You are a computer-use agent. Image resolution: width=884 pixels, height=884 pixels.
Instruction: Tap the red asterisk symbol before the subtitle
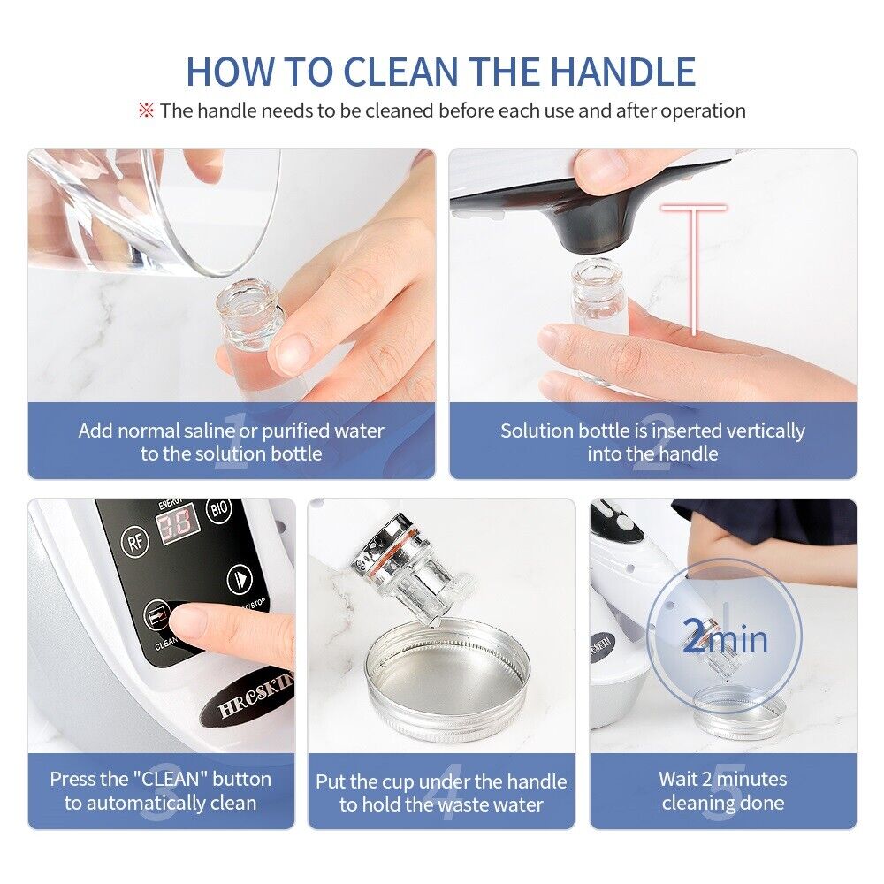click(146, 110)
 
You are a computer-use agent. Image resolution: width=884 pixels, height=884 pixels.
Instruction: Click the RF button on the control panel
click(135, 541)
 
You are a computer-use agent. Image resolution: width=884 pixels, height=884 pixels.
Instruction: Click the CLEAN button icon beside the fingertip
click(156, 613)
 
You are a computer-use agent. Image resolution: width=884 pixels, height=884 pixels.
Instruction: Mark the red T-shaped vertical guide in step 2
click(694, 265)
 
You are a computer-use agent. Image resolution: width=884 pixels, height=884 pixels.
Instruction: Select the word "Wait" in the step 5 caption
click(679, 779)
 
